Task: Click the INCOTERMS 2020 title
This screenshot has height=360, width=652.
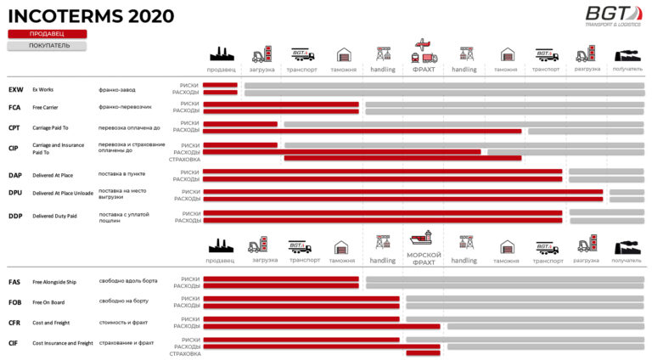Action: click(x=91, y=16)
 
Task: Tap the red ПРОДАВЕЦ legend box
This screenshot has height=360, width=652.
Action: click(x=48, y=34)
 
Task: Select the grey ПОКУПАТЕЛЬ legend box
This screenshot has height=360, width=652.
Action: click(x=48, y=46)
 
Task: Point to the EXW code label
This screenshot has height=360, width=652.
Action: click(x=15, y=89)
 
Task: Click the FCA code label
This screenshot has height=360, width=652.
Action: click(x=14, y=108)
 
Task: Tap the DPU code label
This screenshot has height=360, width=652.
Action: click(x=15, y=193)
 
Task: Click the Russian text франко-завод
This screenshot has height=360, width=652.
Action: click(x=118, y=89)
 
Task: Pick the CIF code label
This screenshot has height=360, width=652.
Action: click(x=14, y=343)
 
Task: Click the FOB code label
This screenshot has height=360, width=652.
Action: click(x=15, y=302)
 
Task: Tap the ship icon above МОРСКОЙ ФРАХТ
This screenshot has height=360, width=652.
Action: click(x=424, y=239)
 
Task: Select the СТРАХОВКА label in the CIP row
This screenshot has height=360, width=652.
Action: click(x=184, y=159)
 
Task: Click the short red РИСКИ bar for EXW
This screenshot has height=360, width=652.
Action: click(x=220, y=86)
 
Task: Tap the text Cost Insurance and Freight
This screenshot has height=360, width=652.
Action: click(x=63, y=343)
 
